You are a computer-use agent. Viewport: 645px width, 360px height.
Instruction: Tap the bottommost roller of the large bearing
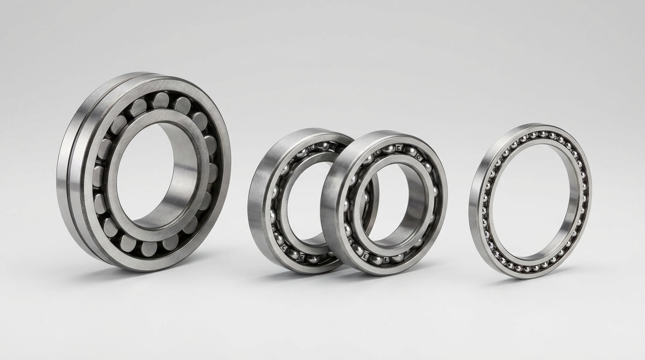[149, 248]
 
